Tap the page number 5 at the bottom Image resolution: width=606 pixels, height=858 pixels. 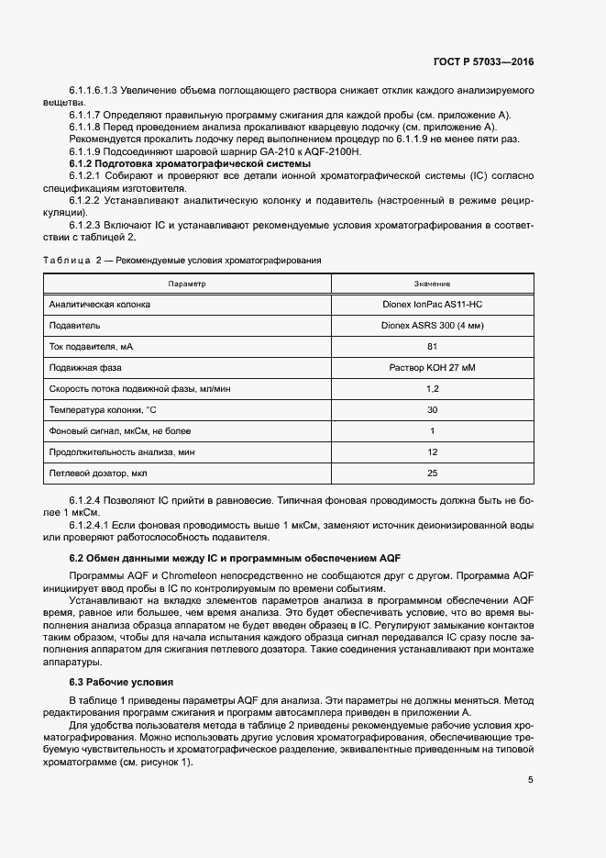click(531, 780)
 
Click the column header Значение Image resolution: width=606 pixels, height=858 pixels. click(432, 284)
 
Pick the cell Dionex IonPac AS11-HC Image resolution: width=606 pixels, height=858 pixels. click(432, 304)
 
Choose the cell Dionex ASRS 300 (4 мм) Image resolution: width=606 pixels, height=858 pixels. click(432, 325)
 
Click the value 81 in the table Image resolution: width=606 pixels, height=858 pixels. click(432, 346)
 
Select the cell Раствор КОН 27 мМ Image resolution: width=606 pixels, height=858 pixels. click(432, 367)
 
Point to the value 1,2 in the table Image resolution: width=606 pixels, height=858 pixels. click(432, 388)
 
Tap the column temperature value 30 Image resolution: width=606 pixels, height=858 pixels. click(432, 409)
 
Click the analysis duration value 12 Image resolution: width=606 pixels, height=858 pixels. click(432, 451)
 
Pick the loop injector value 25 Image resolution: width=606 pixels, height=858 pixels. click(432, 473)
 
